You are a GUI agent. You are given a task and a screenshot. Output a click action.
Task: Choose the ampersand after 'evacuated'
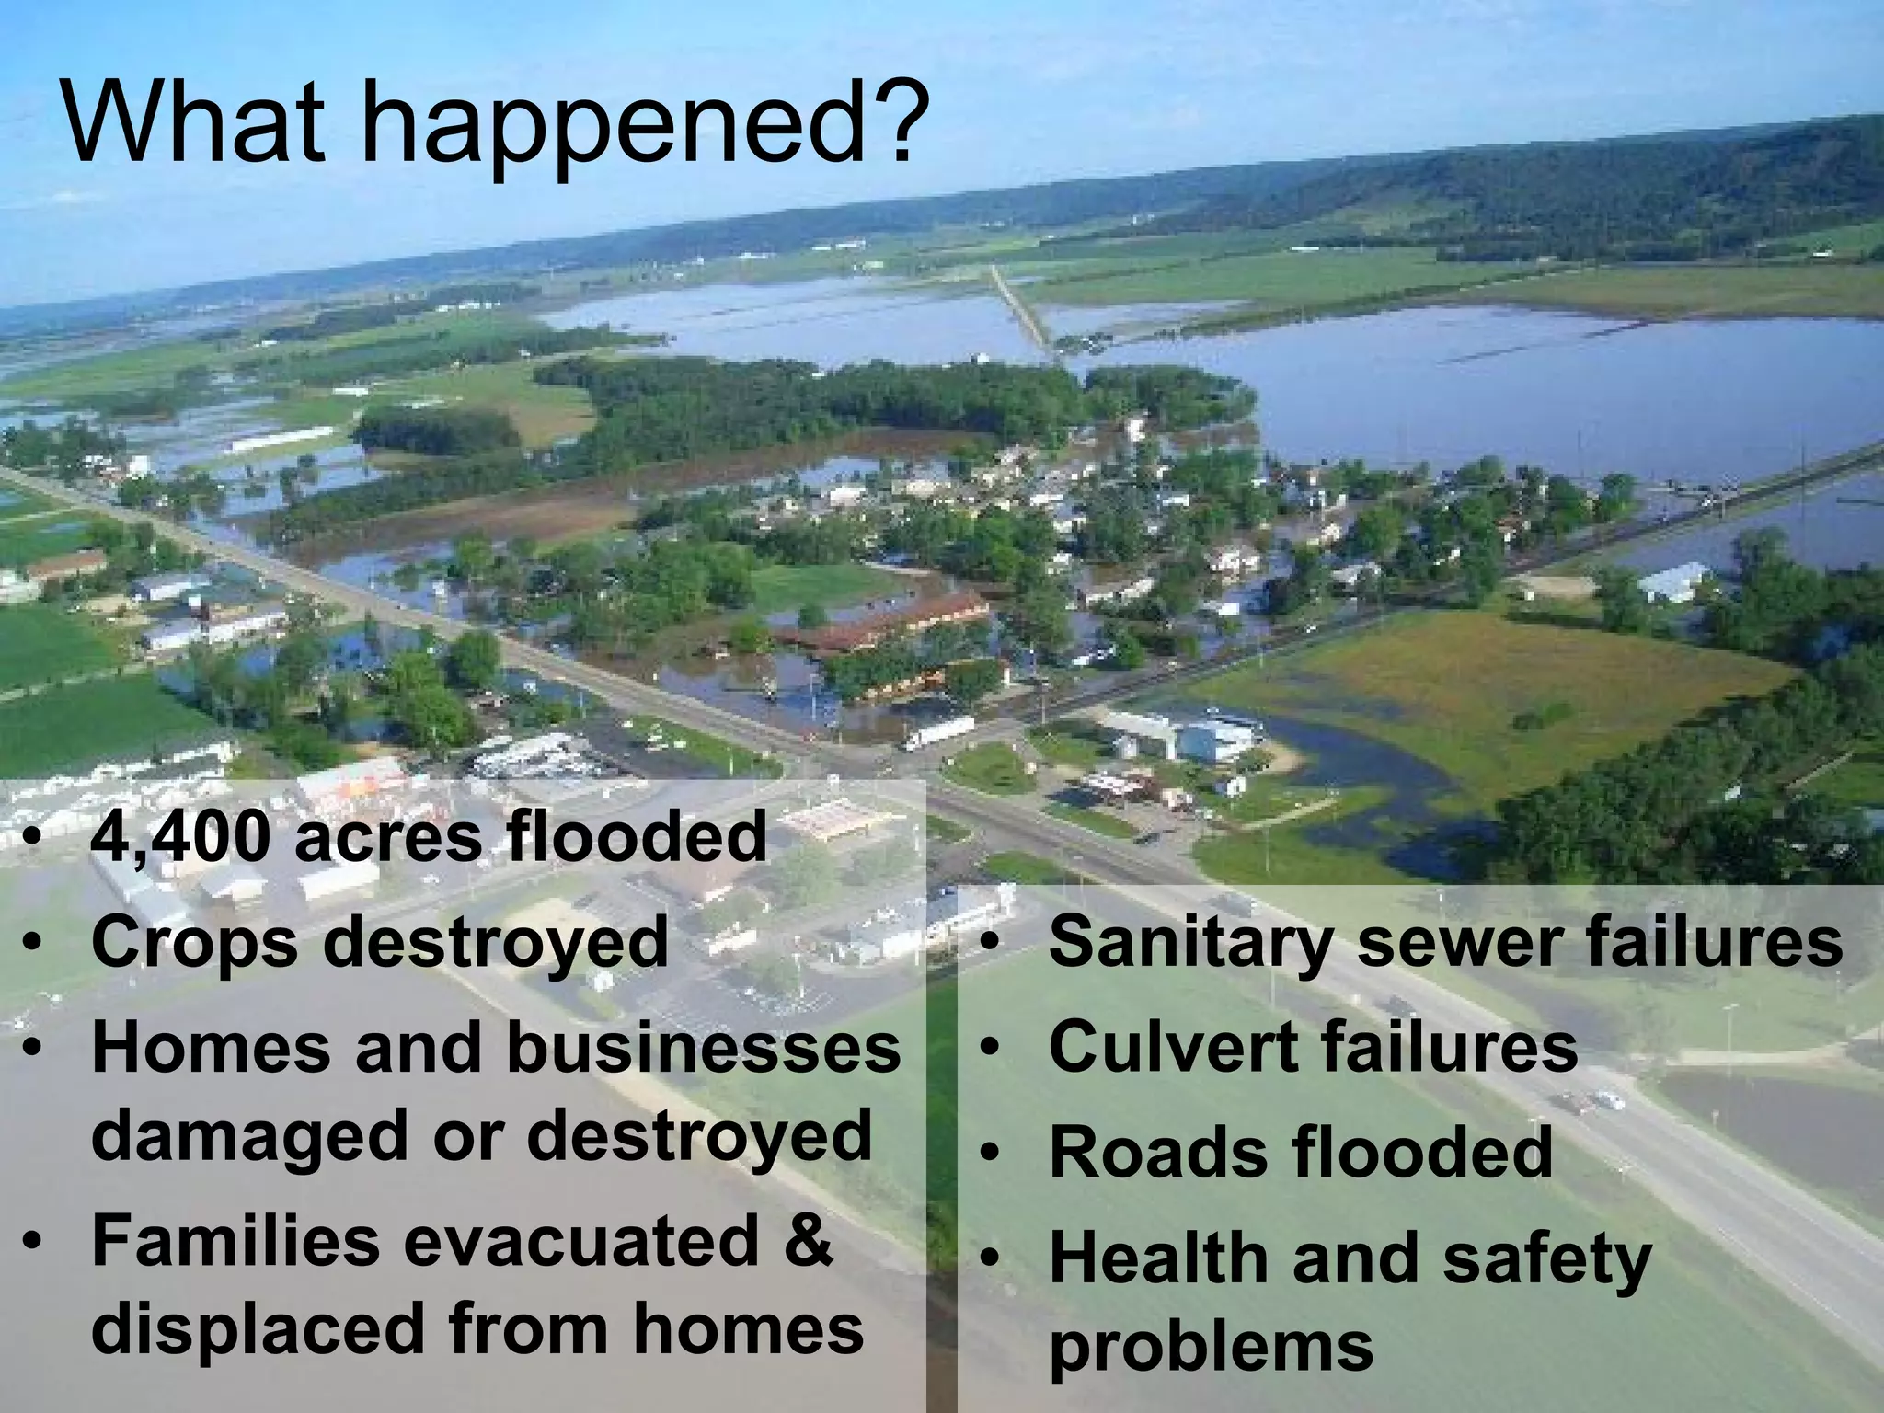point(810,1241)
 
